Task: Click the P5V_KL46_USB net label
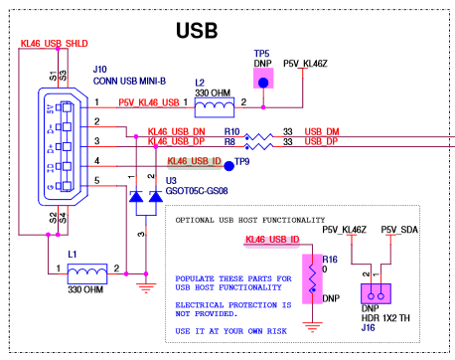pos(149,100)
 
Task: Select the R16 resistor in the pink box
pos(311,281)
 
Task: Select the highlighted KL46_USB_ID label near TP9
pos(193,161)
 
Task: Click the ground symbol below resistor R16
pos(312,325)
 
